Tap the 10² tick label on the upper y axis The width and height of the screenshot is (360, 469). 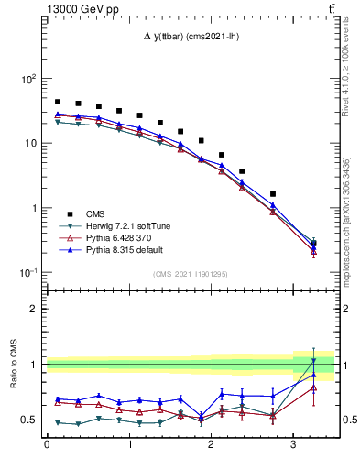tap(27, 79)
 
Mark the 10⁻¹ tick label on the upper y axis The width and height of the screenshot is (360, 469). tap(27, 273)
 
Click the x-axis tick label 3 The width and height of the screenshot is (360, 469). tap(292, 446)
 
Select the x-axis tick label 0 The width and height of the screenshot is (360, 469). tap(47, 446)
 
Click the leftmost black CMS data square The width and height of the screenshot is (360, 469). tap(58, 103)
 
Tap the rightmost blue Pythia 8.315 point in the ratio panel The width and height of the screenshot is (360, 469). tap(313, 375)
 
